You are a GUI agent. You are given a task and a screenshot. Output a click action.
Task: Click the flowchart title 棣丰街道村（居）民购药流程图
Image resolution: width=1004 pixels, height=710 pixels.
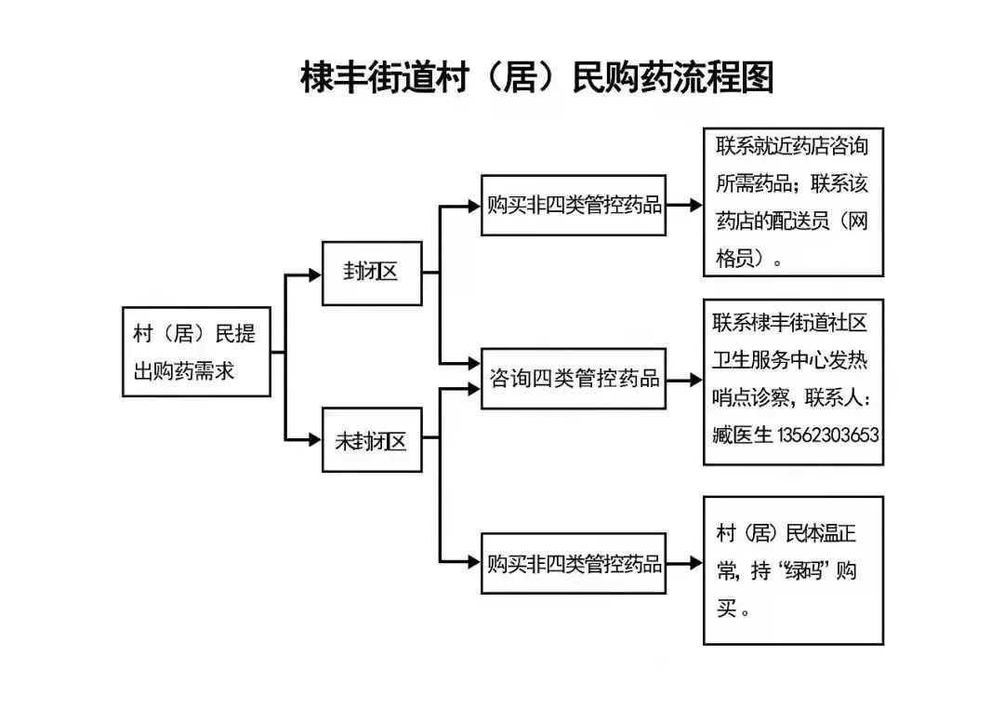pyautogui.click(x=536, y=78)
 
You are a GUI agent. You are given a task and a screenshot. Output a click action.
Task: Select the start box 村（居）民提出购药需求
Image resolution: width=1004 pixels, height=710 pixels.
pyautogui.click(x=196, y=352)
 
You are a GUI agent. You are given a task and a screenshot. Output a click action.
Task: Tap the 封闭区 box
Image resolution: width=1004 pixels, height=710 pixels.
pyautogui.click(x=371, y=273)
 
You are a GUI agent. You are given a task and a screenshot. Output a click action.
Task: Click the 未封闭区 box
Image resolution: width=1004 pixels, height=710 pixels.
pyautogui.click(x=371, y=441)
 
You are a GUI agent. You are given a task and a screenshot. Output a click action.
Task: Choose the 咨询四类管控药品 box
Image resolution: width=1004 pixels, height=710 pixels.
pyautogui.click(x=574, y=379)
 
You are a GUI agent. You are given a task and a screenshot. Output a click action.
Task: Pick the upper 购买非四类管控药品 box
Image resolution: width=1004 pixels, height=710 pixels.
pyautogui.click(x=574, y=205)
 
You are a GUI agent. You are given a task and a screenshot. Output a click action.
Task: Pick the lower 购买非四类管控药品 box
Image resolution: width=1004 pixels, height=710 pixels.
pyautogui.click(x=574, y=563)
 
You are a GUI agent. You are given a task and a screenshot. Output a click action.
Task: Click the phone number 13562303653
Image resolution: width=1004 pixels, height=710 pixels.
pyautogui.click(x=828, y=435)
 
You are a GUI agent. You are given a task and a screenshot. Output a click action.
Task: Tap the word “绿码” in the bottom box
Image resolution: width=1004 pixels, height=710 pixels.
pyautogui.click(x=804, y=571)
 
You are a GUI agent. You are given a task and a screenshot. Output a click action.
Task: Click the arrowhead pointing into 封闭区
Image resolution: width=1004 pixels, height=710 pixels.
pyautogui.click(x=314, y=274)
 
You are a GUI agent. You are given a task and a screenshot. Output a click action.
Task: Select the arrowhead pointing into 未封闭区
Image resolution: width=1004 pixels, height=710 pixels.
pyautogui.click(x=314, y=441)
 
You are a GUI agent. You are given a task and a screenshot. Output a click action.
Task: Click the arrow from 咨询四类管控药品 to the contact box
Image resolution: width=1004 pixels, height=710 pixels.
pyautogui.click(x=684, y=380)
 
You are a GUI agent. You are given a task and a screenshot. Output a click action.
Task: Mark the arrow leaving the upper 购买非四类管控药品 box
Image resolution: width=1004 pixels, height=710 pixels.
pyautogui.click(x=684, y=206)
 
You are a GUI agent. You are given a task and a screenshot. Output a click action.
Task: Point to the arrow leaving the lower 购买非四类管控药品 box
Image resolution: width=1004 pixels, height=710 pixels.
pyautogui.click(x=684, y=563)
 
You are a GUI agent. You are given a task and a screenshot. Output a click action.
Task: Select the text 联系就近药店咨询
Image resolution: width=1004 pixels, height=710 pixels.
pyautogui.click(x=792, y=147)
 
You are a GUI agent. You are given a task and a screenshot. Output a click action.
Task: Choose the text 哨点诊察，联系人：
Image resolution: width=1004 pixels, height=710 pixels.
pyautogui.click(x=792, y=398)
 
